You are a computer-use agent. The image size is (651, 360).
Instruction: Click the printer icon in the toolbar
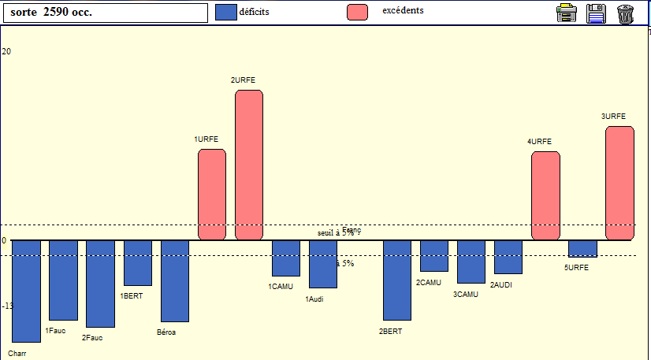click(566, 13)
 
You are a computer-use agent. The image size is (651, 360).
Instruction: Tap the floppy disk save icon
click(596, 13)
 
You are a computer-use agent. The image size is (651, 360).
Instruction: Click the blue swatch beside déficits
click(226, 12)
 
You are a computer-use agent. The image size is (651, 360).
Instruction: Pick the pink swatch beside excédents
click(357, 12)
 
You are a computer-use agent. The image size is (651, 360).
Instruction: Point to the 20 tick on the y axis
click(6, 51)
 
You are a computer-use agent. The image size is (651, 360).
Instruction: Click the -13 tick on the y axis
click(6, 306)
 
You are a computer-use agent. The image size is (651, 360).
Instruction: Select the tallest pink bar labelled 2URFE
click(249, 165)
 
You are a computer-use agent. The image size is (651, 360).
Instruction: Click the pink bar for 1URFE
click(212, 194)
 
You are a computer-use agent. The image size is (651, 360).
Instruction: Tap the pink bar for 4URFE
click(545, 195)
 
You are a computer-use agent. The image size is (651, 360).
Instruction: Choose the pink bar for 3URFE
click(619, 183)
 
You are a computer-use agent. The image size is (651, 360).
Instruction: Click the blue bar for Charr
click(26, 291)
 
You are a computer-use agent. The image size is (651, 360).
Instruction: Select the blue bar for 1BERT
click(138, 262)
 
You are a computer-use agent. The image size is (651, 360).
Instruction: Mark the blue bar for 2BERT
click(397, 280)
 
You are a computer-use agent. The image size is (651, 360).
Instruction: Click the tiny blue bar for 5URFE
click(582, 248)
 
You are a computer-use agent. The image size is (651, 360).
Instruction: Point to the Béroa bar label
click(166, 332)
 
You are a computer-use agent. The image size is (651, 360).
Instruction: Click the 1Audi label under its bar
click(314, 299)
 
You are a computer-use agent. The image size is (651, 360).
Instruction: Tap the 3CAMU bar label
click(466, 295)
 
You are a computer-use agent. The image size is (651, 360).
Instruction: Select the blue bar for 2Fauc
click(100, 284)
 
